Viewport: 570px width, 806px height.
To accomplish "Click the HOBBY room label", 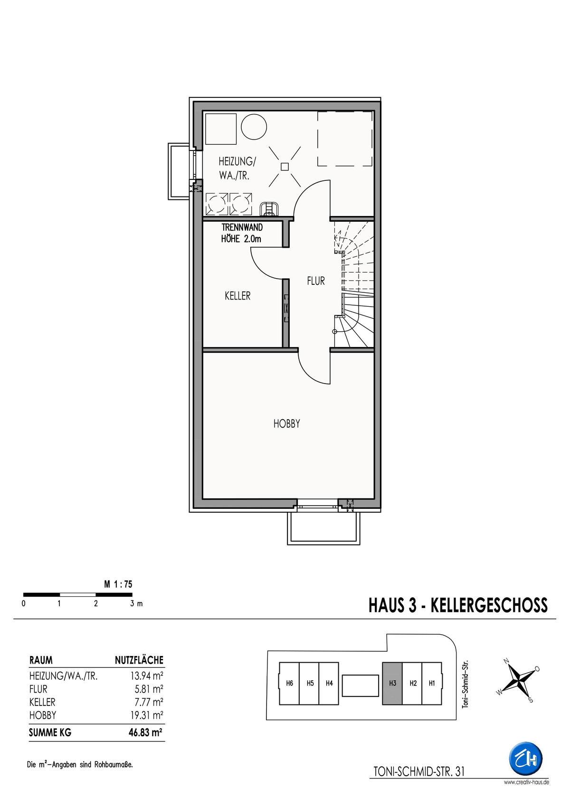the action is click(x=286, y=424).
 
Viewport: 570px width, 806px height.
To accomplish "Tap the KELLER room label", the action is click(x=237, y=296).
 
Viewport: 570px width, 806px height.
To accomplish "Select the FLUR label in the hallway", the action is click(x=316, y=281).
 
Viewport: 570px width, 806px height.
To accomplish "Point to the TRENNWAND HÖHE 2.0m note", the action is click(x=242, y=233).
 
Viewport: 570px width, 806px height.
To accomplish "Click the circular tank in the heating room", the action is click(x=254, y=127).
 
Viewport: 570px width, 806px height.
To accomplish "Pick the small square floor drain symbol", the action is click(x=285, y=166).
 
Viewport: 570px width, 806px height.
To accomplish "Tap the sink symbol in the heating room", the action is click(x=269, y=209).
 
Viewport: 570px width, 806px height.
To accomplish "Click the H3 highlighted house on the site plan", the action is click(x=392, y=684).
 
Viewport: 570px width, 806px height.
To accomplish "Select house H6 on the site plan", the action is click(x=289, y=684).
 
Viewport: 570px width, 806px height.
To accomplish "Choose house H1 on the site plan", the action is click(x=432, y=684).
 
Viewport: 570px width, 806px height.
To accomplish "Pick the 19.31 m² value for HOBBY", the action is click(x=147, y=715).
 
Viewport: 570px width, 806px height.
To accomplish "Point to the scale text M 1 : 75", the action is click(x=118, y=584).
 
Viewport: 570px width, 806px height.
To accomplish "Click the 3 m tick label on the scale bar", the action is click(x=136, y=604).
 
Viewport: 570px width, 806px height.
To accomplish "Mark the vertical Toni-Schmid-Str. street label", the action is click(x=465, y=684).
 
